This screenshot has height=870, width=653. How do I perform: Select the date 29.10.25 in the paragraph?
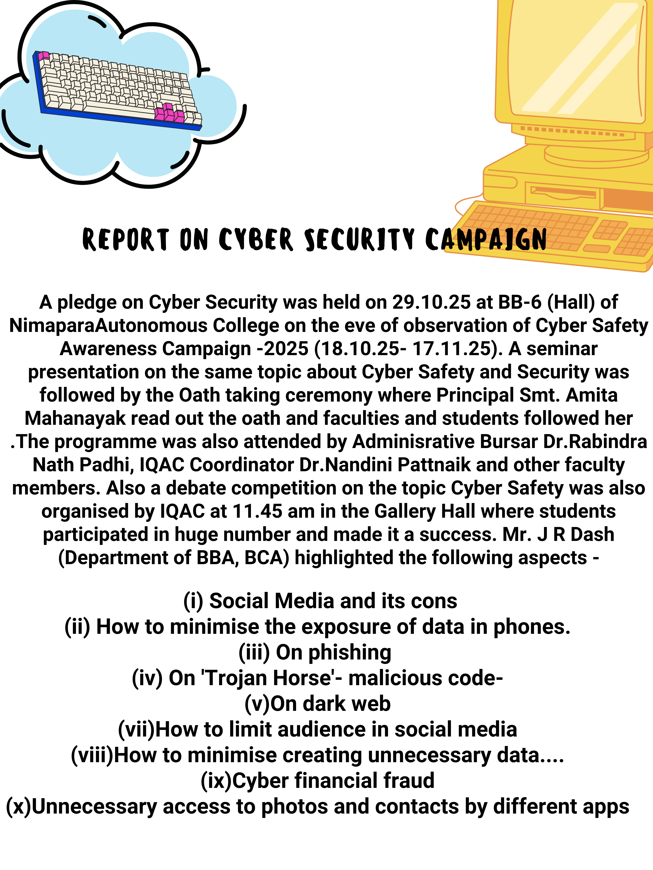coord(431,302)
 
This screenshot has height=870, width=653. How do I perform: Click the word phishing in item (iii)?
coord(350,652)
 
